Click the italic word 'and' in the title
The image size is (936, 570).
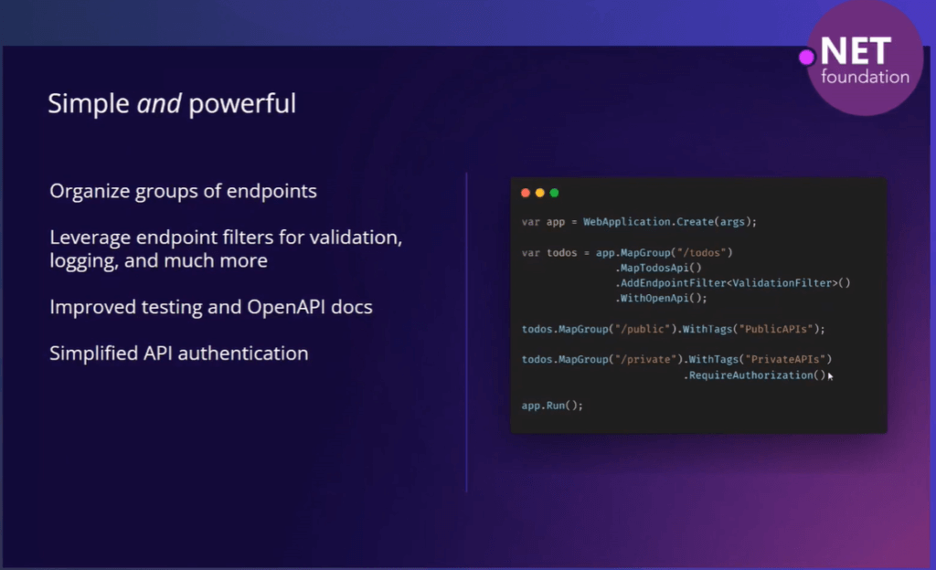tap(159, 104)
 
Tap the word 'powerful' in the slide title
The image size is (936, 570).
tap(242, 105)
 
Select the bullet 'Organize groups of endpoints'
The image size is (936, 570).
tap(183, 192)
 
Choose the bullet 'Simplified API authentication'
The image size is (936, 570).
tap(179, 354)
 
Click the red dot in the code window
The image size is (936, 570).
tap(526, 193)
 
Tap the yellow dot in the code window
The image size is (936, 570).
tap(539, 193)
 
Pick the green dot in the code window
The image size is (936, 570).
tap(554, 193)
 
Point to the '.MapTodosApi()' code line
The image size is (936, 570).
tap(658, 269)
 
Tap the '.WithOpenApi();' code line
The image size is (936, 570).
tap(662, 298)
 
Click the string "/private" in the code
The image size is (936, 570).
tap(646, 360)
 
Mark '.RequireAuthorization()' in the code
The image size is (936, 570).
tap(754, 375)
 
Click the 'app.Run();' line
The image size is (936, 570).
tap(552, 406)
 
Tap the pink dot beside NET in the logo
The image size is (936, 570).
tap(806, 58)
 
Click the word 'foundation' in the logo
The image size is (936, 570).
tap(865, 77)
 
